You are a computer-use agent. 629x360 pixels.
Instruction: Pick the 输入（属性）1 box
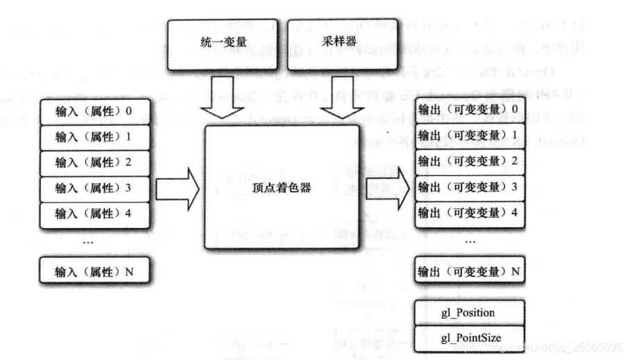tap(94, 138)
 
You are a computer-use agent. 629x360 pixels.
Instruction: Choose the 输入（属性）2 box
tap(94, 163)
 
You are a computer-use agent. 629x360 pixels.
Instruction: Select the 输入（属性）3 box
tap(94, 188)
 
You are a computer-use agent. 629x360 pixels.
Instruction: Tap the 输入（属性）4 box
tap(94, 213)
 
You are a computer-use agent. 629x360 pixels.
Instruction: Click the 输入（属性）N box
tap(94, 272)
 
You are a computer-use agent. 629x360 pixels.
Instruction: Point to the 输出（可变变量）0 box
tap(468, 110)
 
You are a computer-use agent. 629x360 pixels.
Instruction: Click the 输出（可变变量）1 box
tap(468, 135)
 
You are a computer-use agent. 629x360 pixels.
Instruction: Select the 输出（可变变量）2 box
tap(468, 161)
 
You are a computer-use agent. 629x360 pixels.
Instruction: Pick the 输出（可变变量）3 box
tap(468, 186)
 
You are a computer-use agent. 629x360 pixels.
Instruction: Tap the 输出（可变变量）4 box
tap(468, 211)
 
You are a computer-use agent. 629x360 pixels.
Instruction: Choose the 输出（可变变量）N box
tap(468, 270)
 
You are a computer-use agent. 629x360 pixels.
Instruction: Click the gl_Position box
tap(468, 313)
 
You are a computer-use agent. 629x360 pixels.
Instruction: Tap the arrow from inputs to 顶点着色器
tap(177, 188)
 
